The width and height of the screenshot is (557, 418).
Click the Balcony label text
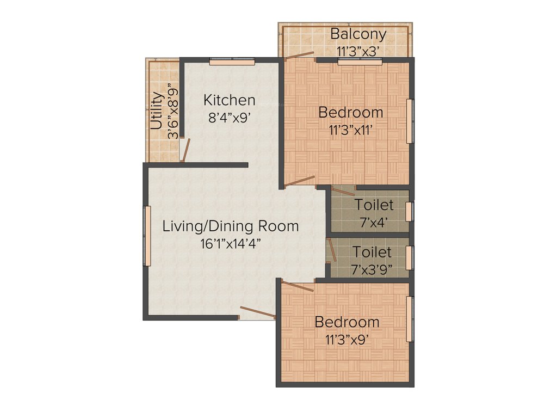[x=358, y=34]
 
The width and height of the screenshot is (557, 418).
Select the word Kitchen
[x=229, y=100]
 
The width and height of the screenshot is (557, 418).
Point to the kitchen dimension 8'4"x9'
[x=229, y=117]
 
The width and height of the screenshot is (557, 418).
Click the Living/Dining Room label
[x=231, y=226]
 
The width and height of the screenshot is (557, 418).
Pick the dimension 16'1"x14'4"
[x=231, y=243]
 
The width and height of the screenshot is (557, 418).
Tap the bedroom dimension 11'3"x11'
[x=351, y=130]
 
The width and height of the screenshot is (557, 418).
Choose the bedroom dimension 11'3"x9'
[x=348, y=339]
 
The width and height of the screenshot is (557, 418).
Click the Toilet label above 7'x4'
[x=374, y=205]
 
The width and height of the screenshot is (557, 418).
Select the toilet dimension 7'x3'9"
[x=372, y=269]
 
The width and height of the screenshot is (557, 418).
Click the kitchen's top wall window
[x=232, y=62]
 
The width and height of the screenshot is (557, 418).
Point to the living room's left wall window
[x=146, y=236]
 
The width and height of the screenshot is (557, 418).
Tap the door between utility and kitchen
[x=185, y=150]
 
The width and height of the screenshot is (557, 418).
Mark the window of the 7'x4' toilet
[x=411, y=212]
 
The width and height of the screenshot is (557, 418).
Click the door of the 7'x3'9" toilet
[x=332, y=249]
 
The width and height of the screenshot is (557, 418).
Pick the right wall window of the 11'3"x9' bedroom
[x=411, y=319]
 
